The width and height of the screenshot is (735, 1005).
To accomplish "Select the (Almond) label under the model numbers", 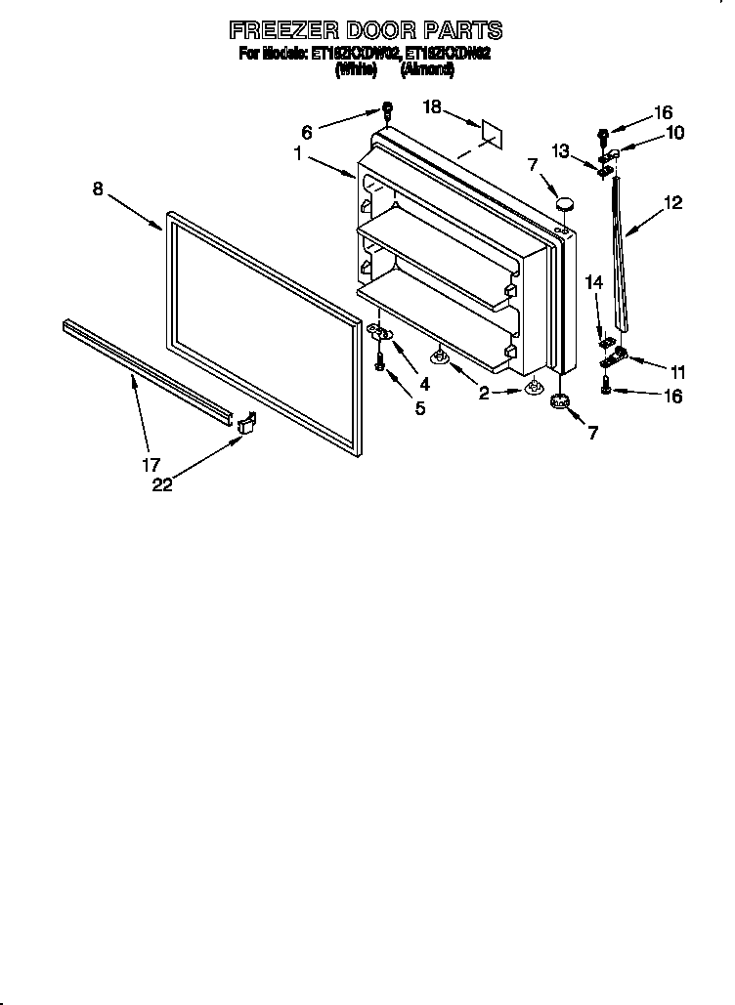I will point(427,69).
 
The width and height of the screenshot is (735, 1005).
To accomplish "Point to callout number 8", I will point(98,189).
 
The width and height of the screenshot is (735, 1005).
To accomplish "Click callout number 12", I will point(672,203).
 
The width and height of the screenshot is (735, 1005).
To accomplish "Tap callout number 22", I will point(162,484).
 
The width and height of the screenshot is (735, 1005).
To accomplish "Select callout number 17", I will point(152,465).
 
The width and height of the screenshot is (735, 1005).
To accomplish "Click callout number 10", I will point(675,133).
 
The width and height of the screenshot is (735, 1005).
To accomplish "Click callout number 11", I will point(677,371).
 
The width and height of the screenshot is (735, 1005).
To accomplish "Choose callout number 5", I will point(420,408).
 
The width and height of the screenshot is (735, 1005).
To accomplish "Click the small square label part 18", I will point(490,134).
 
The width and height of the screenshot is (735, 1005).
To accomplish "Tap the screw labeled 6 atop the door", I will point(387,109).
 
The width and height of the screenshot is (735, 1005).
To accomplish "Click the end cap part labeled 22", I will point(245,423).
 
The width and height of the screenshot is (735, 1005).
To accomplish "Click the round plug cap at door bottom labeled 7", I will point(560,400).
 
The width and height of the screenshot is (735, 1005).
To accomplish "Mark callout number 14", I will point(594,283).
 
